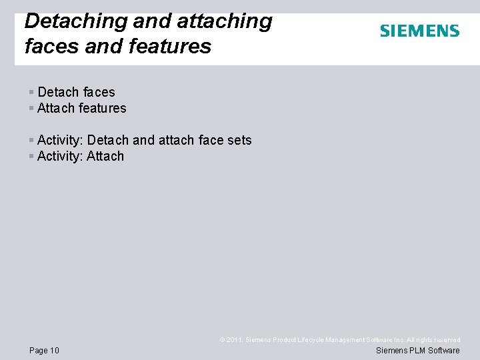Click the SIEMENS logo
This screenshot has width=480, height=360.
[x=419, y=31]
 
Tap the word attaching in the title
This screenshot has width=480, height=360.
[x=224, y=21]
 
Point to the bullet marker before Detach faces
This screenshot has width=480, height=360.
[x=31, y=92]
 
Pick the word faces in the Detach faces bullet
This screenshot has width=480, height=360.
[x=99, y=92]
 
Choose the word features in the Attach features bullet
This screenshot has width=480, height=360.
[x=102, y=108]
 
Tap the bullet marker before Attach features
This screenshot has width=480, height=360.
[x=31, y=108]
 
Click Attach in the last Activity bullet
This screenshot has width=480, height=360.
[x=105, y=156]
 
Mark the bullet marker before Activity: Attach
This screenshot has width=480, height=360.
[x=31, y=156]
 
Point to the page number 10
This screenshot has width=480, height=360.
[x=54, y=351]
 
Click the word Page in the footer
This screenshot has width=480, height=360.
[x=38, y=351]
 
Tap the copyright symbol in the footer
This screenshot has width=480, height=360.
[x=223, y=340]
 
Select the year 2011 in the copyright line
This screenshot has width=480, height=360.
[x=235, y=340]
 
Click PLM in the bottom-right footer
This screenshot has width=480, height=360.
[x=416, y=351]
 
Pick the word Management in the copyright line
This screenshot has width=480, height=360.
[x=343, y=340]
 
